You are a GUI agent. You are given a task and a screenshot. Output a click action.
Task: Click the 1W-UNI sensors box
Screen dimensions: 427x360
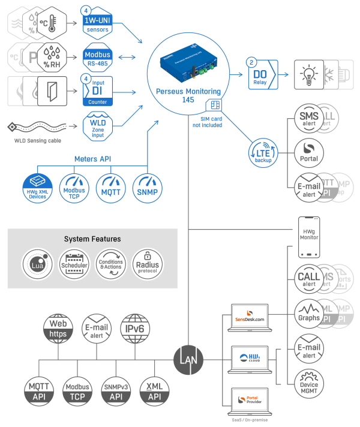tap(98, 24)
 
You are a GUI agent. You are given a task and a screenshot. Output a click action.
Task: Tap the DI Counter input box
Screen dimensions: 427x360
tap(98, 92)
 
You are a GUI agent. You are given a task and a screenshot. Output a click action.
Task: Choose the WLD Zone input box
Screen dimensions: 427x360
tap(98, 127)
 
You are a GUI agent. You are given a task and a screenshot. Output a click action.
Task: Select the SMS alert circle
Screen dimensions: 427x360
tap(309, 116)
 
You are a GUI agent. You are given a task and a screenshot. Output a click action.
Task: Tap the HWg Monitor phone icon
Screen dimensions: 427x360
tap(309, 234)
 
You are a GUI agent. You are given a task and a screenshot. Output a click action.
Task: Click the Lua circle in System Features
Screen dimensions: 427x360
tap(37, 264)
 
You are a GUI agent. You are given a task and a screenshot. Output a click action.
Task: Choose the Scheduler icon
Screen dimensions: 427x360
tap(74, 264)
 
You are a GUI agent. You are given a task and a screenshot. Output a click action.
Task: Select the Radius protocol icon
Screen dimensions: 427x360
tap(147, 264)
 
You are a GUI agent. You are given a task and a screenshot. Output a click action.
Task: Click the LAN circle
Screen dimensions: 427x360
tap(188, 359)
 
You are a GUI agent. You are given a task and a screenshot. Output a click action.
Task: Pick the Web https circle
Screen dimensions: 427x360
tap(58, 327)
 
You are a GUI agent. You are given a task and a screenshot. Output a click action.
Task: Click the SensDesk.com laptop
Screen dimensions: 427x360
tap(250, 317)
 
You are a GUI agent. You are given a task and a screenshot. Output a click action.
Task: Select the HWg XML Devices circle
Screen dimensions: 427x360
tap(37, 188)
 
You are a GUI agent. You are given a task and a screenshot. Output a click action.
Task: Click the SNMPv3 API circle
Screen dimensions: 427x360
tap(116, 391)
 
